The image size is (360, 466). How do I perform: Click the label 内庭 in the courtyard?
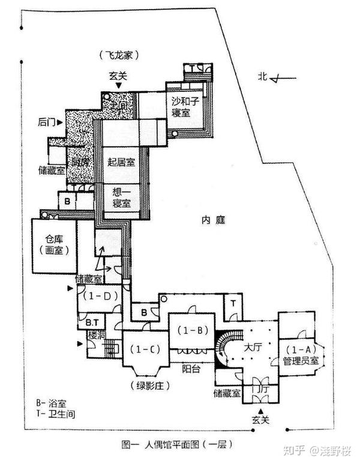[213, 220]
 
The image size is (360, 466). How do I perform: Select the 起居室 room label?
[121, 162]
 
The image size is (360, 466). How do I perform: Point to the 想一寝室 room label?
[121, 198]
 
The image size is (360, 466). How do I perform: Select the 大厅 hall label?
[252, 347]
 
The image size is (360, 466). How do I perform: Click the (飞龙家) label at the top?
[120, 55]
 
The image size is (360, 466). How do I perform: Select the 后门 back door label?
[46, 122]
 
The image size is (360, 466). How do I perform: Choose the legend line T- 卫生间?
[55, 414]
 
